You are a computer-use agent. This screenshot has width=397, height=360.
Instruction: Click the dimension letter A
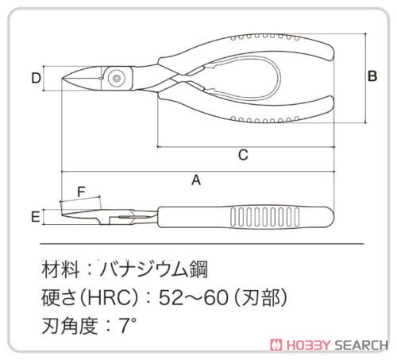tap(196, 180)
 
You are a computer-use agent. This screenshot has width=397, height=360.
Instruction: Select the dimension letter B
tap(372, 76)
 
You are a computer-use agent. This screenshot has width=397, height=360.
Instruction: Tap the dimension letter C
tap(243, 155)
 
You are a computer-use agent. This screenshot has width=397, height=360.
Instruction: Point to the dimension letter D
tap(37, 78)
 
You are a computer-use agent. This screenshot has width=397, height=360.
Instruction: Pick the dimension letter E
tap(36, 217)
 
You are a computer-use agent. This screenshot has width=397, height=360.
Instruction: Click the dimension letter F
tap(81, 192)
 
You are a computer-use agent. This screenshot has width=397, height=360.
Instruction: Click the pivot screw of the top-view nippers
tap(116, 79)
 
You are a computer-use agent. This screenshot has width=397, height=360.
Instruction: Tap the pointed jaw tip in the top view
tap(64, 79)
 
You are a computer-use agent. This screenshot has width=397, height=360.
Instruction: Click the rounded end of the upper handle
tap(331, 52)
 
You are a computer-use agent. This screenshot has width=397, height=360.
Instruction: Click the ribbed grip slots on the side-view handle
tap(264, 217)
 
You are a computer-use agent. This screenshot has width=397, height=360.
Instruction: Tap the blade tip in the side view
tap(63, 215)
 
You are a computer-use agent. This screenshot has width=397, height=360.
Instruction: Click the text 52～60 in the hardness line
tap(194, 297)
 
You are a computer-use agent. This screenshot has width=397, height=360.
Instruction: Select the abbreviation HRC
tap(110, 297)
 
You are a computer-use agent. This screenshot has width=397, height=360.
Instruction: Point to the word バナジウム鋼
tap(154, 269)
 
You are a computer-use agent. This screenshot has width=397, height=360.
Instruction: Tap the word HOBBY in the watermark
tap(309, 345)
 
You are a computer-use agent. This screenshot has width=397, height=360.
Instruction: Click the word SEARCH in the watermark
tap(361, 345)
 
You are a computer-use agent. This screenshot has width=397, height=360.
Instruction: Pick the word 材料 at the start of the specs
tap(60, 269)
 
